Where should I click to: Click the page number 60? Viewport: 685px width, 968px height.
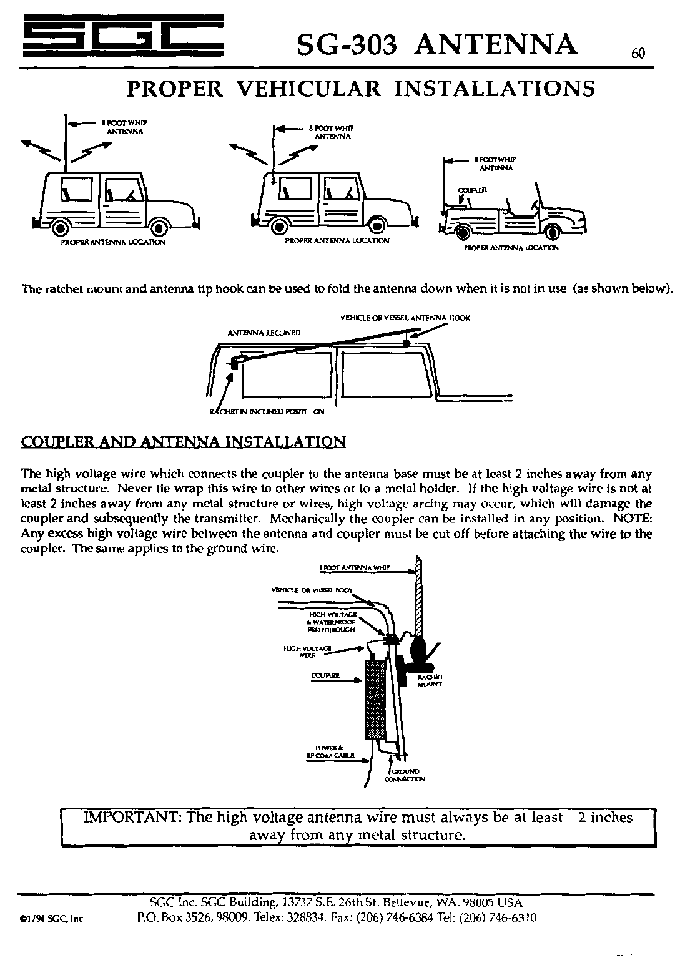pos(637,54)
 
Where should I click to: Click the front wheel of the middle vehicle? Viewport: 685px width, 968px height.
pos(378,225)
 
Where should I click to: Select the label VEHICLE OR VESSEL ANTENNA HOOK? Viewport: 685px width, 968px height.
pos(405,318)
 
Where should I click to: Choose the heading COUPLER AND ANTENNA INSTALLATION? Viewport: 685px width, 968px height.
pos(183,442)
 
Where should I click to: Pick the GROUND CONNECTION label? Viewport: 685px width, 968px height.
pos(405,775)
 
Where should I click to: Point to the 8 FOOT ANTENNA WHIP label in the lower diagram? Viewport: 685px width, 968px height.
pos(353,569)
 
